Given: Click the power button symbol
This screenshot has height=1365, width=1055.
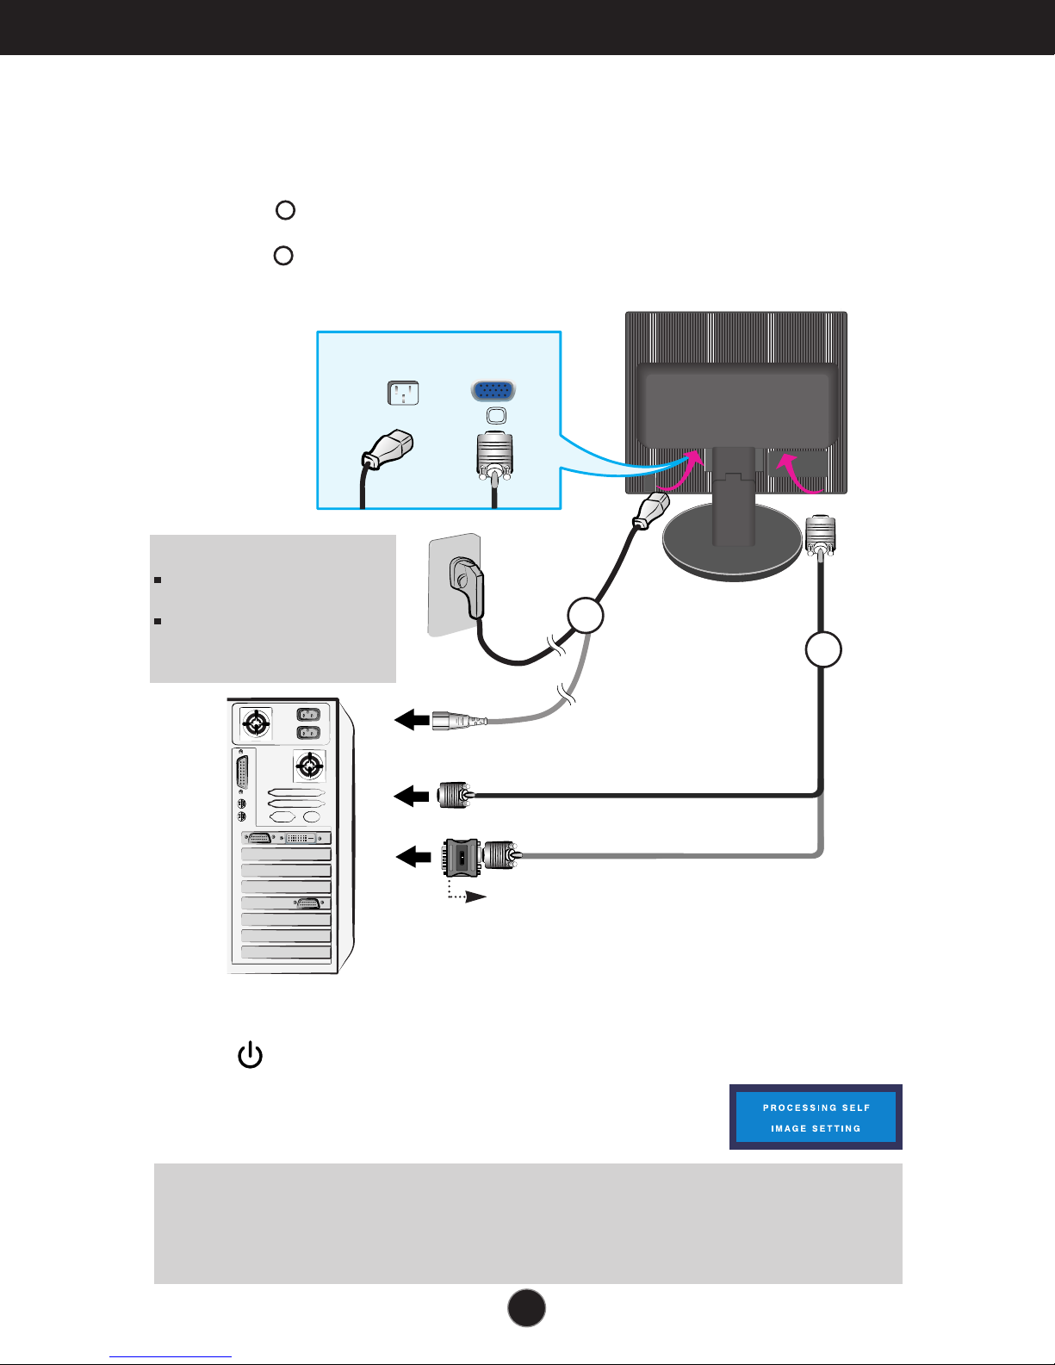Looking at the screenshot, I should (250, 1055).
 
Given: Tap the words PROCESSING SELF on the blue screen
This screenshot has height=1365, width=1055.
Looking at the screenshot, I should (816, 1108).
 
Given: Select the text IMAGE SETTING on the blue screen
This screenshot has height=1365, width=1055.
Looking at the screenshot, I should (816, 1128).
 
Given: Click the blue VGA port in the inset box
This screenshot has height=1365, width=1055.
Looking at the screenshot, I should (493, 391).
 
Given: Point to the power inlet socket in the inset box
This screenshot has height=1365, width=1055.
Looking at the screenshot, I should (402, 394).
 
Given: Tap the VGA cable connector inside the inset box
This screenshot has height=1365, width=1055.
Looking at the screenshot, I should (494, 456).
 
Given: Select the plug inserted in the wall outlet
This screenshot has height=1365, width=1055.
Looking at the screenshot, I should (468, 585).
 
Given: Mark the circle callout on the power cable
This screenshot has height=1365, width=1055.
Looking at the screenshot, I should (586, 615).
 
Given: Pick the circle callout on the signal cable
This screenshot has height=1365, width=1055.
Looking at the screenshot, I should (823, 649).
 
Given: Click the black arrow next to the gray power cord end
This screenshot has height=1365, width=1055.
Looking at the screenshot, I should (412, 720).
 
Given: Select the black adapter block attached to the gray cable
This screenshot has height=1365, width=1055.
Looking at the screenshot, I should (462, 856).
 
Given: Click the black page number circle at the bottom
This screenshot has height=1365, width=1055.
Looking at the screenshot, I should (526, 1307).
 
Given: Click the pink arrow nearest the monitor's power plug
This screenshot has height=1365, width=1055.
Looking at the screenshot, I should (688, 472).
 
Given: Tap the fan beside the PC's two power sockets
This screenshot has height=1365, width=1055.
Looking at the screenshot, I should (256, 724).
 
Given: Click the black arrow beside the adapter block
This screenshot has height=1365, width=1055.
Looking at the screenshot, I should (413, 857).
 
